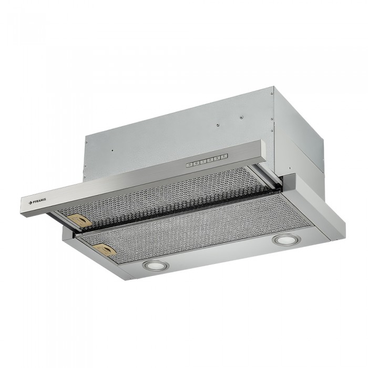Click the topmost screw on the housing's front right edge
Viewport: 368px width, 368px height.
click(x=272, y=95)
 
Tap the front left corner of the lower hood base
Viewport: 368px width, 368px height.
click(x=64, y=232)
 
